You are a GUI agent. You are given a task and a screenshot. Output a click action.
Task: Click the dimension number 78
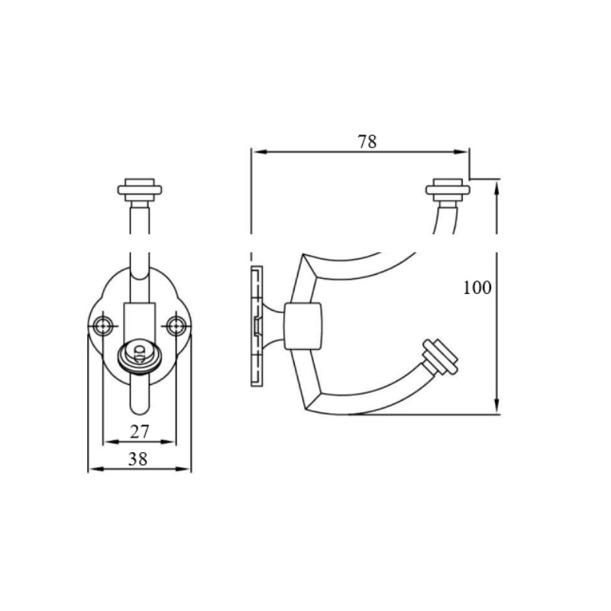367,142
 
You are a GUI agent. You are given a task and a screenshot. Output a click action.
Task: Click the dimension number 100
477,288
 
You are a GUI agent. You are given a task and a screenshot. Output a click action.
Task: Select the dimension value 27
140,432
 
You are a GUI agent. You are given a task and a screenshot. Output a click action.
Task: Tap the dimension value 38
138,460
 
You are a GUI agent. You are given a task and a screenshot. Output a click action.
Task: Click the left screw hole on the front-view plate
104,326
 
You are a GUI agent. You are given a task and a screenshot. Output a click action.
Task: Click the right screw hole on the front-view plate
176,326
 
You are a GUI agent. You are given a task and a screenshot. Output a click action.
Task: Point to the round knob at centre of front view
140,357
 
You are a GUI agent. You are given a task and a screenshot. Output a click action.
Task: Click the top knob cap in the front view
140,190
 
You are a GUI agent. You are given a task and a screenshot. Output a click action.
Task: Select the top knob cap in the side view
448,190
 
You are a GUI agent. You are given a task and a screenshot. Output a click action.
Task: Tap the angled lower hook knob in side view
440,357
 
